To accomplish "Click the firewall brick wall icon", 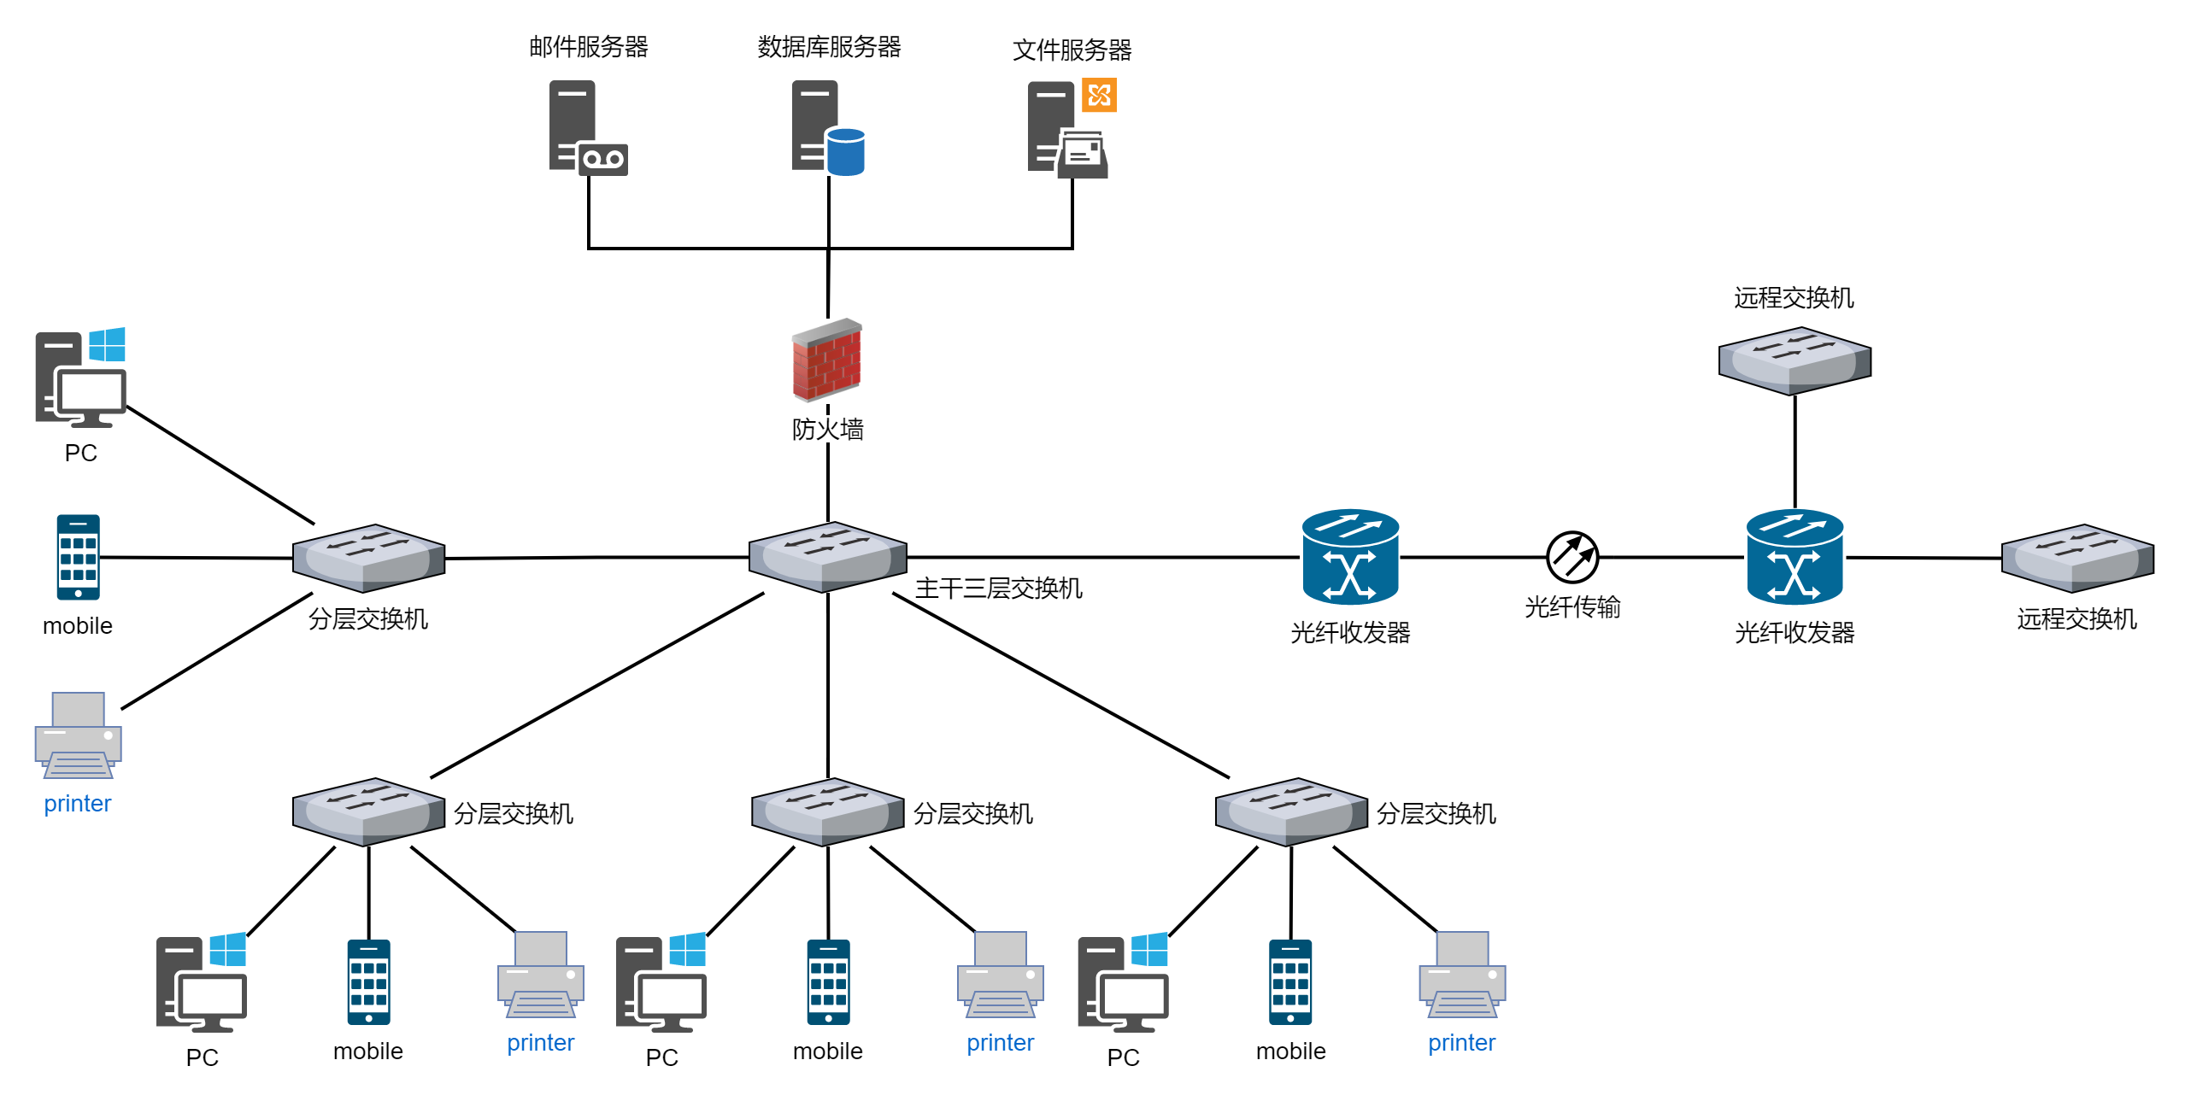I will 826,360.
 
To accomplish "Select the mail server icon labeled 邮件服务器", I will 587,128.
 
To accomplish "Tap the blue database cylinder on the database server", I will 846,152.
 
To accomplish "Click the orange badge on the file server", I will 1099,95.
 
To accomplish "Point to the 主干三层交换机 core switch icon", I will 827,557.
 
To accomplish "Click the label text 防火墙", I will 827,429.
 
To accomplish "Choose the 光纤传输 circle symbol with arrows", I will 1572,557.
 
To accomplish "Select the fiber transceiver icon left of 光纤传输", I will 1350,557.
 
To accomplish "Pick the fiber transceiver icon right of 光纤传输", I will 1795,557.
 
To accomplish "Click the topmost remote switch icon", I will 1795,360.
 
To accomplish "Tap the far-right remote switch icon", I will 2077,558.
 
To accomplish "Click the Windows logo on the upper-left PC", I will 108,345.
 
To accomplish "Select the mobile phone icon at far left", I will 78,557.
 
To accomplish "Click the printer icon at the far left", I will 78,735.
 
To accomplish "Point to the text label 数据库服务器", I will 829,47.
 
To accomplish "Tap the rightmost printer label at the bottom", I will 1461,1043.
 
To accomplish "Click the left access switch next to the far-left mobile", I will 368,558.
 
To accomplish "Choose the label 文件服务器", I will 1072,50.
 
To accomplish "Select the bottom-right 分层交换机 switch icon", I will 1291,811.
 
